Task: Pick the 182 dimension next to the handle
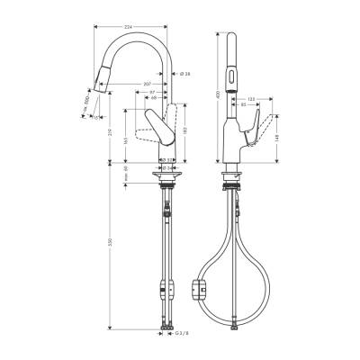(184, 131)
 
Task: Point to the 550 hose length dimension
(110, 243)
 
